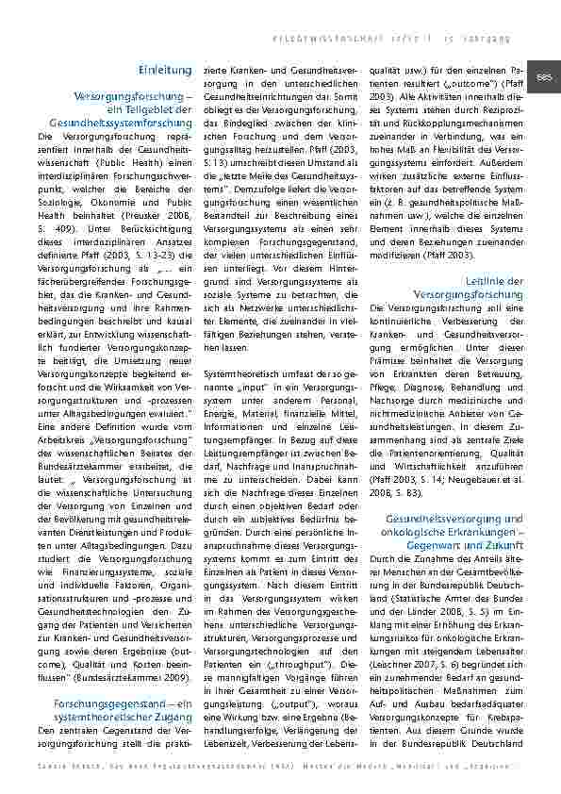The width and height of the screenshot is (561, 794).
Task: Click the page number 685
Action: point(544,76)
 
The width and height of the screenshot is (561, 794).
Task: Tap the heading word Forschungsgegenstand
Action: point(101,705)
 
